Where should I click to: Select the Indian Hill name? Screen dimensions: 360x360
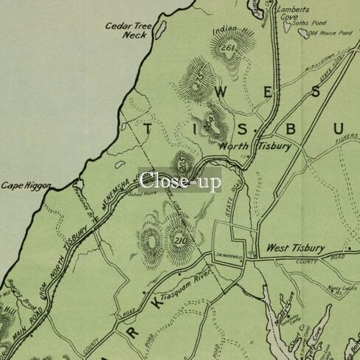point(226,31)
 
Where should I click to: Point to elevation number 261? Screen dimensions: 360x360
point(226,48)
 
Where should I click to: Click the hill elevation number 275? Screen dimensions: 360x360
point(197,83)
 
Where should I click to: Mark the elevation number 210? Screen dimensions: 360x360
point(181,242)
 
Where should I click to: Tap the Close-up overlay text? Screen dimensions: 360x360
point(179,181)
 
